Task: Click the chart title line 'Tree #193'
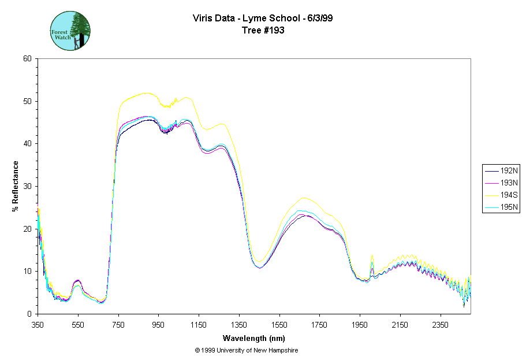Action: point(263,30)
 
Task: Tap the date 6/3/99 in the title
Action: point(319,18)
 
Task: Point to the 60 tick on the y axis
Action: point(27,58)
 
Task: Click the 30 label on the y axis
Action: point(27,186)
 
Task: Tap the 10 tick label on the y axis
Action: point(27,271)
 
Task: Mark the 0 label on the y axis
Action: point(29,314)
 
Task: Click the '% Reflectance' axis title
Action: point(16,186)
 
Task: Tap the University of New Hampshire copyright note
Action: point(247,350)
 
